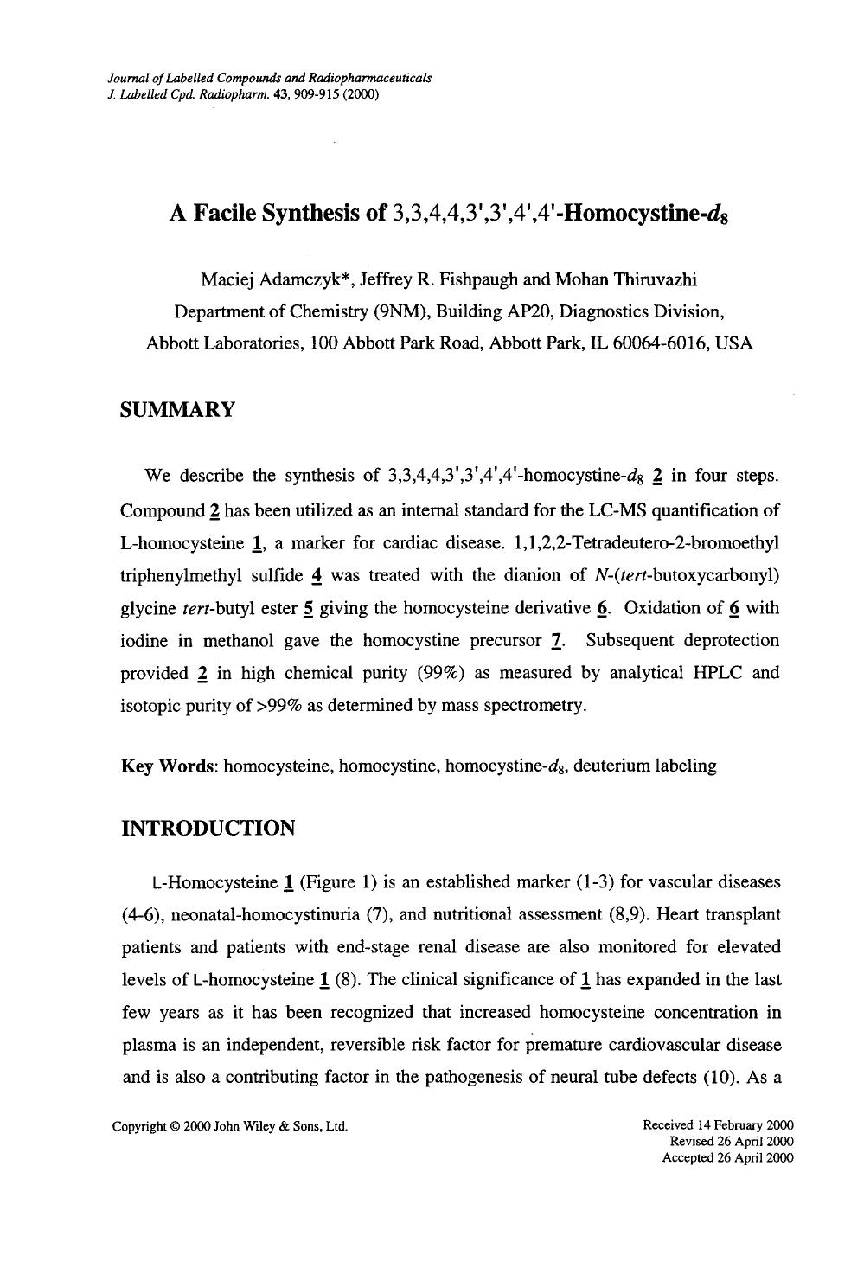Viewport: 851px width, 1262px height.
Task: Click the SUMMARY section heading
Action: tap(177, 410)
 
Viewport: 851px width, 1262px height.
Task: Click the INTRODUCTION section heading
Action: tap(208, 828)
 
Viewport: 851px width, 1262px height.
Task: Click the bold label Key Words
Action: tap(169, 766)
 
